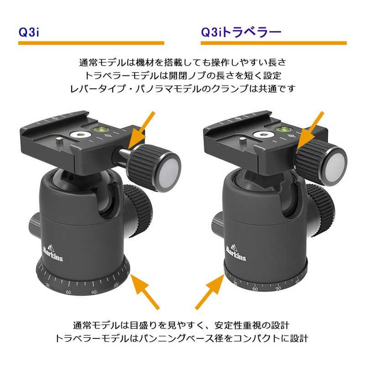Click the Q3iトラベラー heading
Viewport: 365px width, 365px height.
click(x=240, y=32)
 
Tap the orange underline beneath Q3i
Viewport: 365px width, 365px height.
click(x=91, y=43)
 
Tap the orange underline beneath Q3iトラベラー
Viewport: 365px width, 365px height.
click(x=273, y=43)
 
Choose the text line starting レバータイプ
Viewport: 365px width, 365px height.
click(x=182, y=89)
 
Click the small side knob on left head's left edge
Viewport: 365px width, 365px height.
click(x=33, y=223)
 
